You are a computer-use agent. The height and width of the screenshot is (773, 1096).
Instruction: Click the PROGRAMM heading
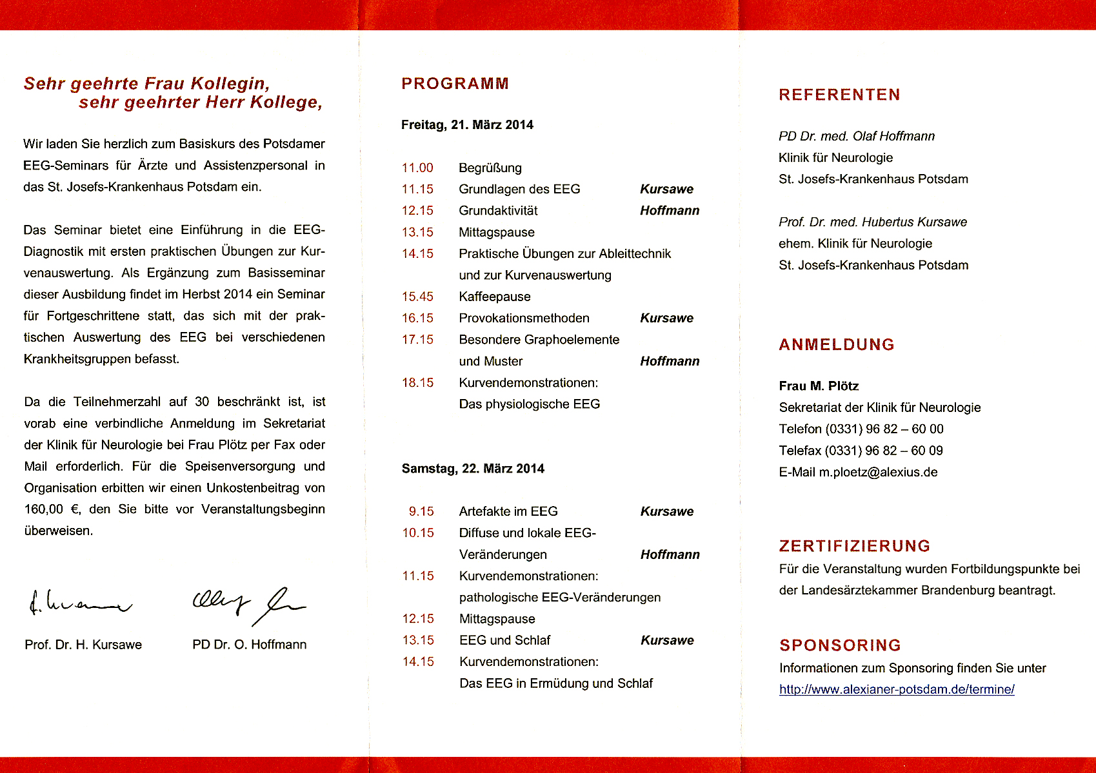tap(455, 84)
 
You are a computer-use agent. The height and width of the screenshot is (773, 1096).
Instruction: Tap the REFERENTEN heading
tap(839, 95)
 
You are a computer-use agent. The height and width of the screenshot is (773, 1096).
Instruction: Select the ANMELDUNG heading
tap(837, 345)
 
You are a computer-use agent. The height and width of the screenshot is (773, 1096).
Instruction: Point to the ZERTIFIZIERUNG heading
tap(855, 547)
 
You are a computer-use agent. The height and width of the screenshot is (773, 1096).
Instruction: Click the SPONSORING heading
tap(840, 645)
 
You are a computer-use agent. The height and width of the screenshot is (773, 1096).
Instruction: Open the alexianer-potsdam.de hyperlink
tap(897, 689)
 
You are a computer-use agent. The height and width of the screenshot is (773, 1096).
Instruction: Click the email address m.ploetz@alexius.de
tap(878, 472)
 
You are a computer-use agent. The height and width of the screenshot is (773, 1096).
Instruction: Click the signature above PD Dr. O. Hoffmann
tap(249, 605)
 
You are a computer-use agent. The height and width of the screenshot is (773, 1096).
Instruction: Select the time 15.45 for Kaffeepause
tap(417, 297)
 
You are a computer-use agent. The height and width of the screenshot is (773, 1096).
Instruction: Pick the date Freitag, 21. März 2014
tap(467, 125)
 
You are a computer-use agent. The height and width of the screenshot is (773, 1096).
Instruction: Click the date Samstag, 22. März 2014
tap(473, 469)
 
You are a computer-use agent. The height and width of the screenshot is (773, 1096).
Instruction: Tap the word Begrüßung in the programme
tap(490, 168)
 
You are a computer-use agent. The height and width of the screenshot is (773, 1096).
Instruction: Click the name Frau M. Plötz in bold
tap(819, 386)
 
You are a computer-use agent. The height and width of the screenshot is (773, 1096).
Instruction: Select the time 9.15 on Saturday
tap(421, 512)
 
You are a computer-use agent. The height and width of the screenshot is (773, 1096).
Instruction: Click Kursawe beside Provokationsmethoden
tap(666, 318)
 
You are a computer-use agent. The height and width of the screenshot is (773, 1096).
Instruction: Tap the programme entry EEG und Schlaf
tap(504, 641)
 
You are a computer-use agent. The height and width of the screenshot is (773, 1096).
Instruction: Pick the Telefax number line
tap(861, 451)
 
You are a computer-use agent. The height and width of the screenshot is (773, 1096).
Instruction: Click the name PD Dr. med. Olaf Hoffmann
tap(856, 136)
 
